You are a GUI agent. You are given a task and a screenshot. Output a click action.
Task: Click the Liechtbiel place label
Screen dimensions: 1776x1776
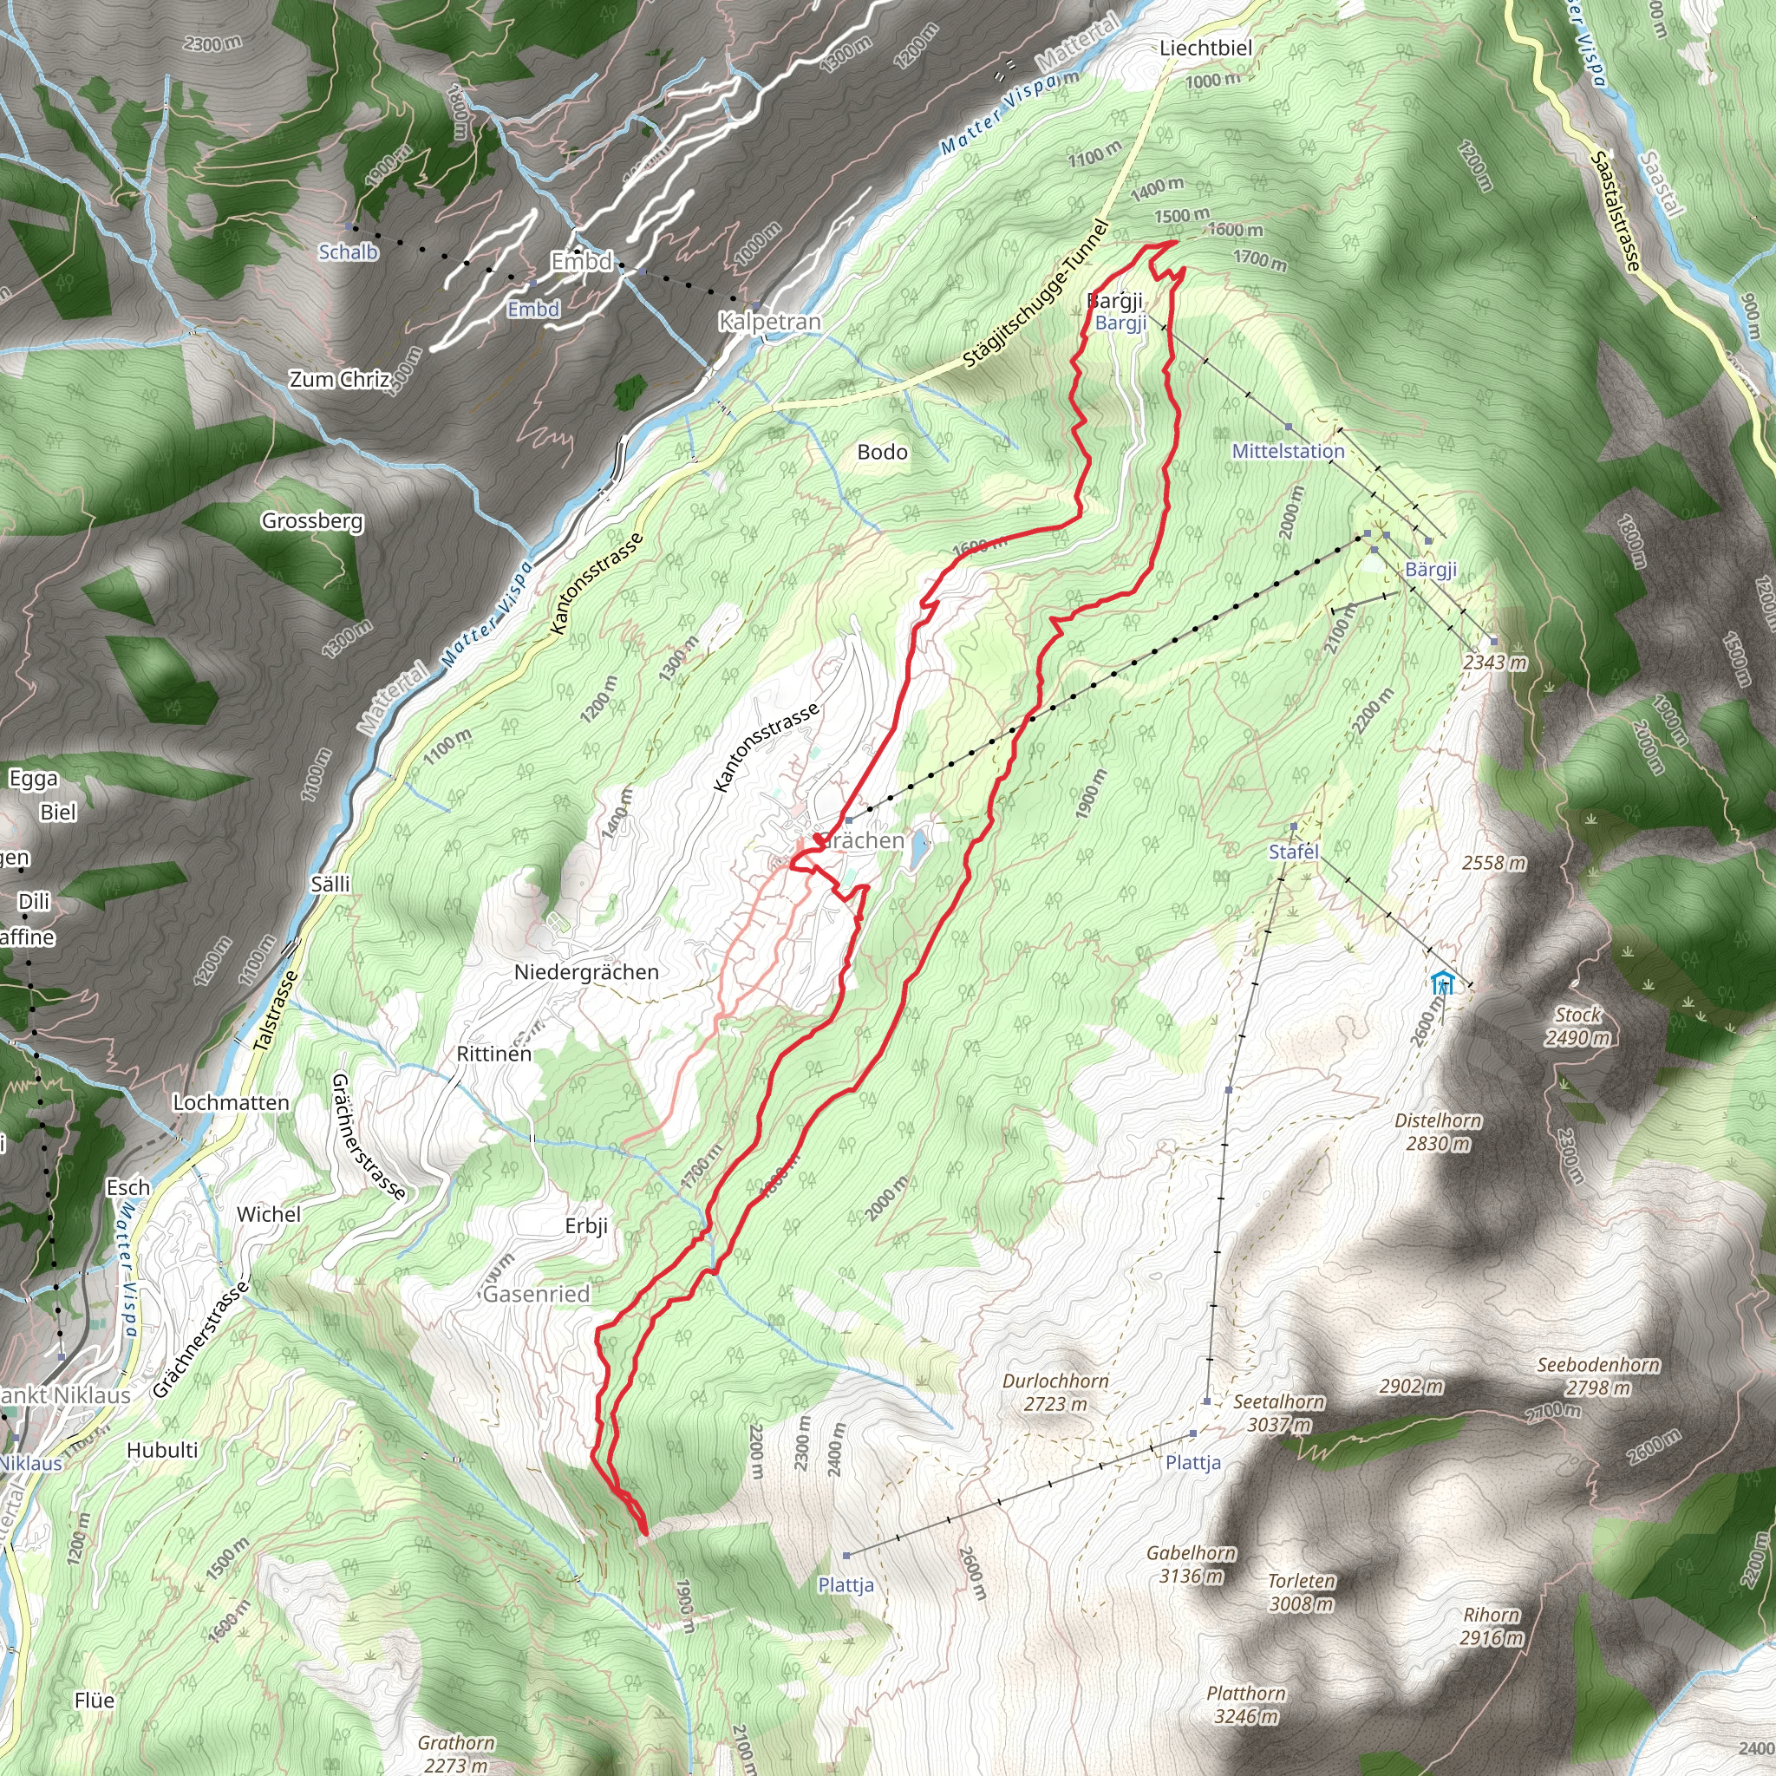tap(1205, 48)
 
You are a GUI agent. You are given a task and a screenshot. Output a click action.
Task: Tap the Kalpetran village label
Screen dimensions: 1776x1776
tap(769, 322)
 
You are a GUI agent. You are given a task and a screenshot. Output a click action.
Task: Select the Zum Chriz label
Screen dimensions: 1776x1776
tap(339, 379)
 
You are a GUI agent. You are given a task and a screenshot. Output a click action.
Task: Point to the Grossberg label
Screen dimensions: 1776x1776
tap(312, 521)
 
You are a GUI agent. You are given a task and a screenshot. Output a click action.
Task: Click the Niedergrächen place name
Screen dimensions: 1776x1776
tap(585, 971)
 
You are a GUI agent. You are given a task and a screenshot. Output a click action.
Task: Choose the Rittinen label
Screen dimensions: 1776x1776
tap(493, 1054)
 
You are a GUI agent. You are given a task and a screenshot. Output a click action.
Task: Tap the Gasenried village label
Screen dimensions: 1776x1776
tap(536, 1295)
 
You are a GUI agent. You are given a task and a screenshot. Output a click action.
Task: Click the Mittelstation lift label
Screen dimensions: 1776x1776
tap(1288, 451)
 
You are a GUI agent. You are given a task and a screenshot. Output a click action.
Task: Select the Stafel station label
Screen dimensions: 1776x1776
tap(1293, 852)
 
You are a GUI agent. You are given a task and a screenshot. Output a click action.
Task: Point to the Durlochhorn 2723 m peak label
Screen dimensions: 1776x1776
tap(1055, 1393)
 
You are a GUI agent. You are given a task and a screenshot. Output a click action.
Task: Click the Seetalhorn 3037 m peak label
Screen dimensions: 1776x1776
tap(1279, 1413)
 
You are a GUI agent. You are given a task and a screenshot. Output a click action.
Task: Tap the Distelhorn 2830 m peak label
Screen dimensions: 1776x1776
tap(1438, 1132)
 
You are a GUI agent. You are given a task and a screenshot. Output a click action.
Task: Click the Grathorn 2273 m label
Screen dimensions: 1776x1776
tap(456, 1753)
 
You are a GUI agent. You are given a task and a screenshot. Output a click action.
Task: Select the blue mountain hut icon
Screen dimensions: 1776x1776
tap(1442, 983)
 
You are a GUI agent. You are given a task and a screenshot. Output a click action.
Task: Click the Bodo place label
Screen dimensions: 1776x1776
tap(882, 453)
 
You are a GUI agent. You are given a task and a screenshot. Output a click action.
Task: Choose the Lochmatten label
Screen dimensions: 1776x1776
tap(231, 1102)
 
